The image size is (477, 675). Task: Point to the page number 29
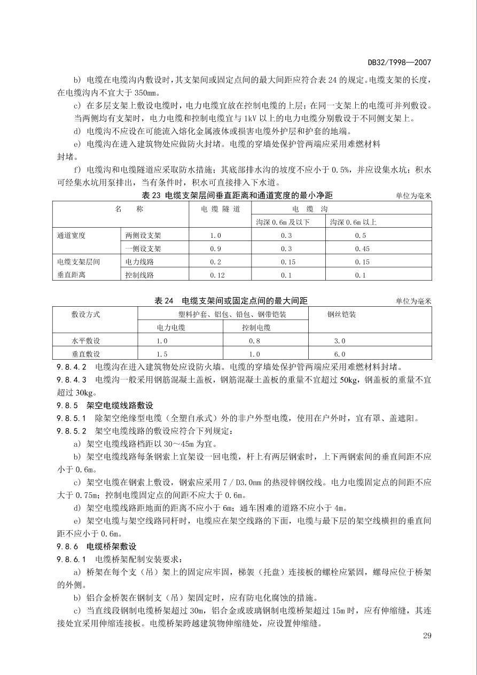[426, 635]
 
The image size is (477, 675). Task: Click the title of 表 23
[237, 195]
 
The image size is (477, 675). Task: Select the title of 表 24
[231, 301]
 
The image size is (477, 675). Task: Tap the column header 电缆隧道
[220, 208]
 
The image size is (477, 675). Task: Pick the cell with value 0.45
[362, 249]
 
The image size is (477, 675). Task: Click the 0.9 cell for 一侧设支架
[215, 249]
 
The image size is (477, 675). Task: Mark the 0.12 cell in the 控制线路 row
[217, 275]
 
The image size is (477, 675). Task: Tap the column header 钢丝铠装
[341, 314]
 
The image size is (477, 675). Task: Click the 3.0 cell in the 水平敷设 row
[340, 340]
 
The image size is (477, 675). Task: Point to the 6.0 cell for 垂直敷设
[340, 354]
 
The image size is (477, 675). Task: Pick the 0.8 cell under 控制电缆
[254, 340]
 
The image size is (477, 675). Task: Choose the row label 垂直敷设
[85, 354]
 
